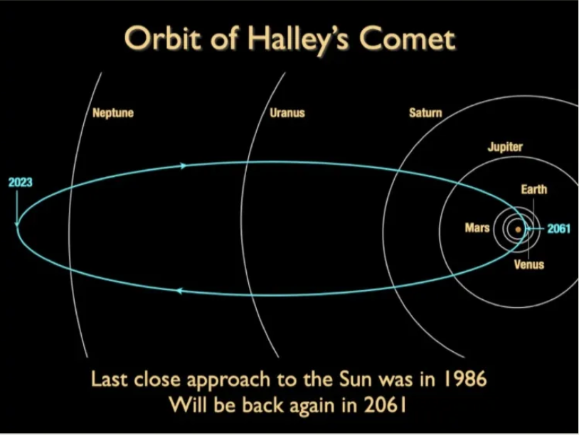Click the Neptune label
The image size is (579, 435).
pyautogui.click(x=113, y=112)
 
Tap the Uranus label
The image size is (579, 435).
pyautogui.click(x=287, y=112)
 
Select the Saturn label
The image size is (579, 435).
pyautogui.click(x=425, y=112)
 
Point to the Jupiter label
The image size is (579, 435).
pyautogui.click(x=505, y=147)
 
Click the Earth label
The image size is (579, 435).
pyautogui.click(x=534, y=189)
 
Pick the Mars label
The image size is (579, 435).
pyautogui.click(x=477, y=227)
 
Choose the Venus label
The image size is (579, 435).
pyautogui.click(x=529, y=264)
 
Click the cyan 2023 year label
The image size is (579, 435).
pyautogui.click(x=21, y=182)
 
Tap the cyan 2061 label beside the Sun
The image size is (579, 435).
pyautogui.click(x=558, y=229)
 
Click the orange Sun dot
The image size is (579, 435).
pyautogui.click(x=518, y=230)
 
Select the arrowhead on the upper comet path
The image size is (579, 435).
pyautogui.click(x=184, y=166)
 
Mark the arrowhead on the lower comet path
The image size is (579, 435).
pyautogui.click(x=179, y=291)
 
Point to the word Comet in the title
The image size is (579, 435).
pyautogui.click(x=408, y=38)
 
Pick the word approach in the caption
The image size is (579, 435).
pyautogui.click(x=229, y=380)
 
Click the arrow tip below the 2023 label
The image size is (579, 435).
pyautogui.click(x=16, y=225)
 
